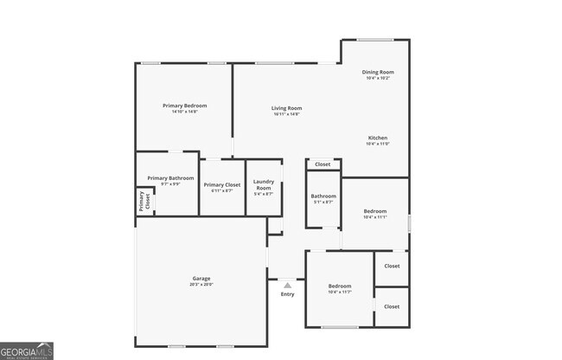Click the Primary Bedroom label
184,106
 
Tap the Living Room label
286,108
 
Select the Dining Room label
378,72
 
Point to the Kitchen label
377,138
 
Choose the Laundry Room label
264,185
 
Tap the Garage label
201,279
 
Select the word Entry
287,294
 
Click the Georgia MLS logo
27,350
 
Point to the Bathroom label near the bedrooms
323,196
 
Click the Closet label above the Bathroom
323,164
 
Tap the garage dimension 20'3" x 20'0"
201,285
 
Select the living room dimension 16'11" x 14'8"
286,114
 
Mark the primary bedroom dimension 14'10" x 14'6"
184,112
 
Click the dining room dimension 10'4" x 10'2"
378,78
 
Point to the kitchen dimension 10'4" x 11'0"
377,144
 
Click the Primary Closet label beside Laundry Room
222,184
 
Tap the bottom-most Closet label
392,306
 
